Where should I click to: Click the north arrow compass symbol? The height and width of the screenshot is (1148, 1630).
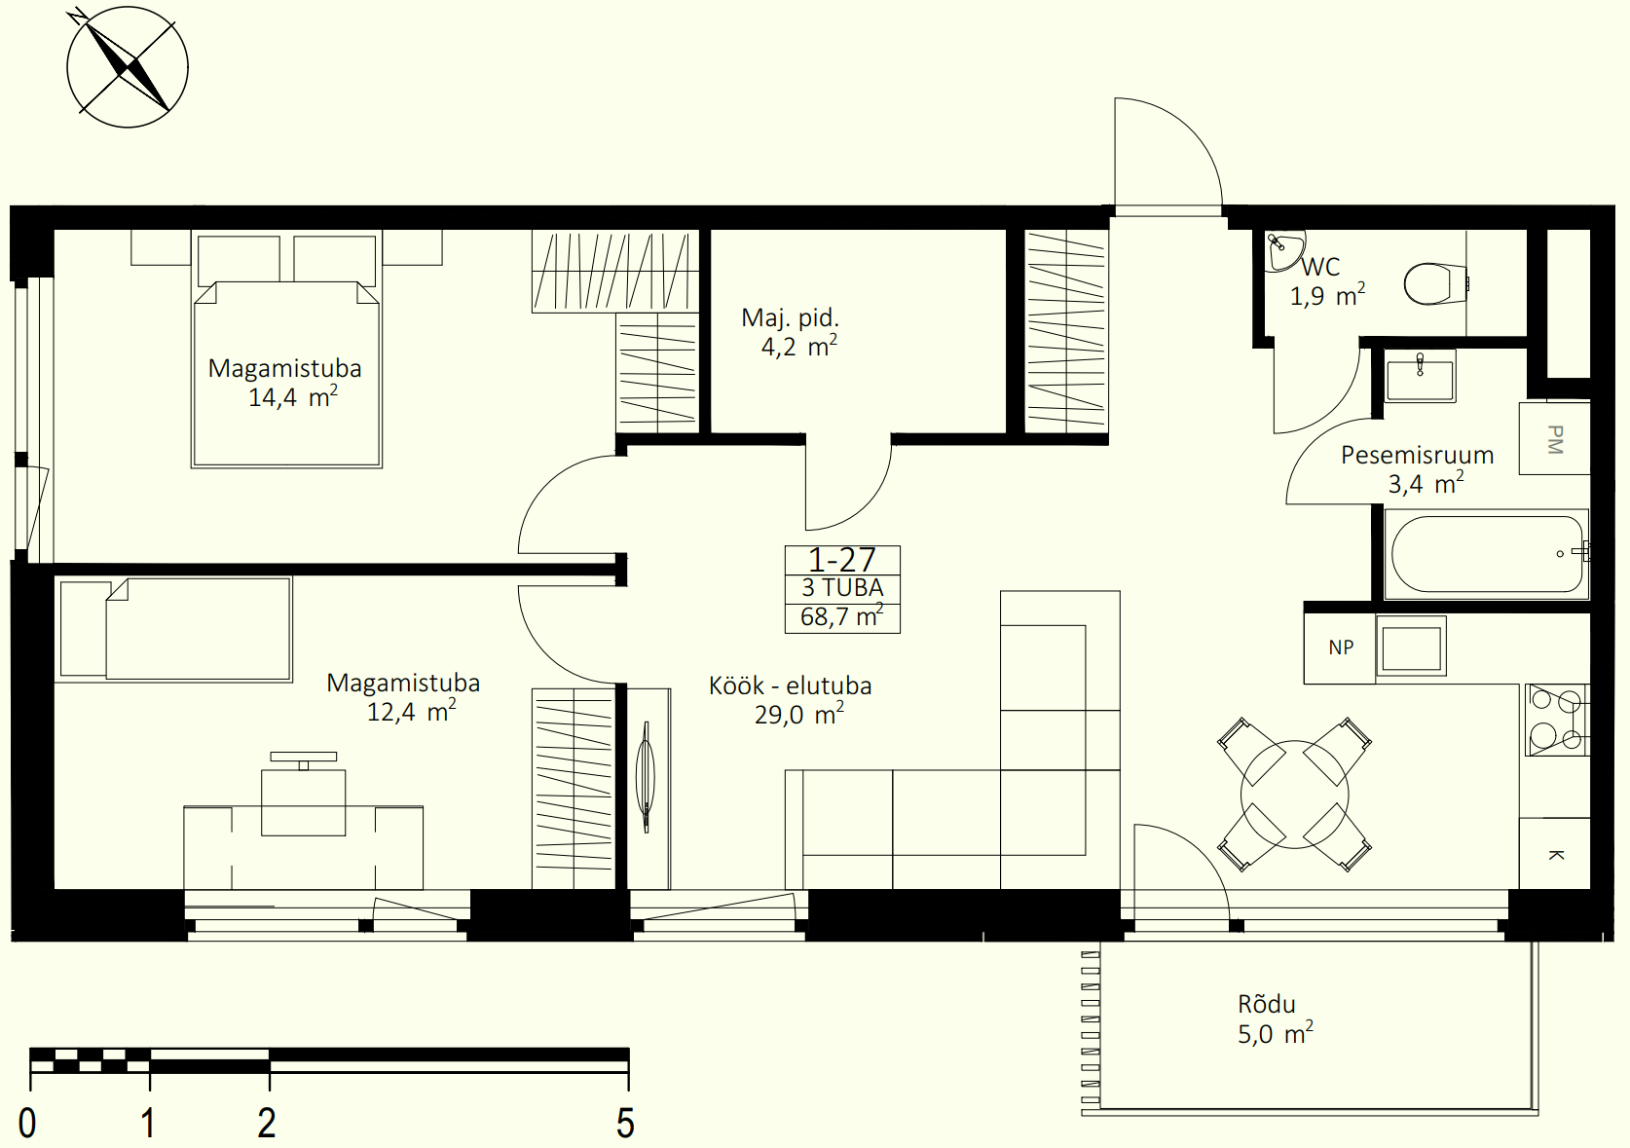tap(128, 67)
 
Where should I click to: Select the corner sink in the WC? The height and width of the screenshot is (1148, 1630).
tap(1283, 250)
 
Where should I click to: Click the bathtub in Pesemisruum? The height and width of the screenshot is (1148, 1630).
tap(1487, 554)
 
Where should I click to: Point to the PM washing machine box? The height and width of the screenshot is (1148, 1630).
tap(1554, 439)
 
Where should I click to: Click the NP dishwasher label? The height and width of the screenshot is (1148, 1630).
tap(1341, 648)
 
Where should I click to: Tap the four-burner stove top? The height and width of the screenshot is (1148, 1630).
tap(1557, 720)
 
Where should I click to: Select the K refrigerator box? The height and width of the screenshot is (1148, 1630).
tap(1554, 853)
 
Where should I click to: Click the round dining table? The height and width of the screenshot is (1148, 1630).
tap(1294, 795)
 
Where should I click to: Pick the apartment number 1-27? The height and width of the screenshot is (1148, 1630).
tap(842, 560)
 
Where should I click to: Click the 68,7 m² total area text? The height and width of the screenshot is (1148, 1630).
tap(842, 616)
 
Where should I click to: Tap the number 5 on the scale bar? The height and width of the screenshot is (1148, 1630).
tap(625, 1123)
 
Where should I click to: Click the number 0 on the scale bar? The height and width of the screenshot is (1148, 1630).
tap(27, 1123)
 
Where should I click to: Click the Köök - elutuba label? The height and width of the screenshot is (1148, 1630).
tap(791, 686)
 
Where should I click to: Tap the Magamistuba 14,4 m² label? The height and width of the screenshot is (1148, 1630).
tap(284, 383)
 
